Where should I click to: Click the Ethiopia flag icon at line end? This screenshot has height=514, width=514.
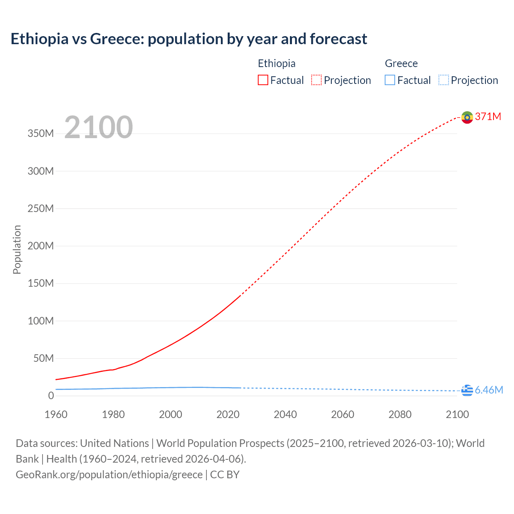coord(467,117)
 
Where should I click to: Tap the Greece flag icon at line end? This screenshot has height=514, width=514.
coord(467,390)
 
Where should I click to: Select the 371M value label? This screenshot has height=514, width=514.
coord(488,116)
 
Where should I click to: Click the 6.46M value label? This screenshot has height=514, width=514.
coord(489,390)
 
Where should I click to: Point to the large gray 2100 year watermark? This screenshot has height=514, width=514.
coord(98,127)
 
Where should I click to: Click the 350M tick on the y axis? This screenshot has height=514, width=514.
coord(41,134)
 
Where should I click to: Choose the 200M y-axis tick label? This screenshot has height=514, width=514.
coord(41,246)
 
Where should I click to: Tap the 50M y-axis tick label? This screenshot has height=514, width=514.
coord(43,358)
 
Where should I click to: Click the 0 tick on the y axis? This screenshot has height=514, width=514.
coord(51,396)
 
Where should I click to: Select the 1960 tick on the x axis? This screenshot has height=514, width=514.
coord(56,414)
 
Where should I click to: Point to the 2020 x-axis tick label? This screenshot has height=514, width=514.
coord(228,414)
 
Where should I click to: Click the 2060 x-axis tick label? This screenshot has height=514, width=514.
coord(343,414)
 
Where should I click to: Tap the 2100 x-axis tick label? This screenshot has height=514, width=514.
coord(457,414)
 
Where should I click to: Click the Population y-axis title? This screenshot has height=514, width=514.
coord(17,249)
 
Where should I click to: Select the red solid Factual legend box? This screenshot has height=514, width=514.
coord(263,80)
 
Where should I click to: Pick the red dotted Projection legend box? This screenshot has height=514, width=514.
coord(316,80)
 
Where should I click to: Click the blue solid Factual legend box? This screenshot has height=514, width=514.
coord(390,80)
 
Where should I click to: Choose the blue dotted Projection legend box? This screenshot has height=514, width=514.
coord(444,80)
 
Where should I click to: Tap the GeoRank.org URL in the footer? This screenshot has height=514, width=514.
coord(109,475)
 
